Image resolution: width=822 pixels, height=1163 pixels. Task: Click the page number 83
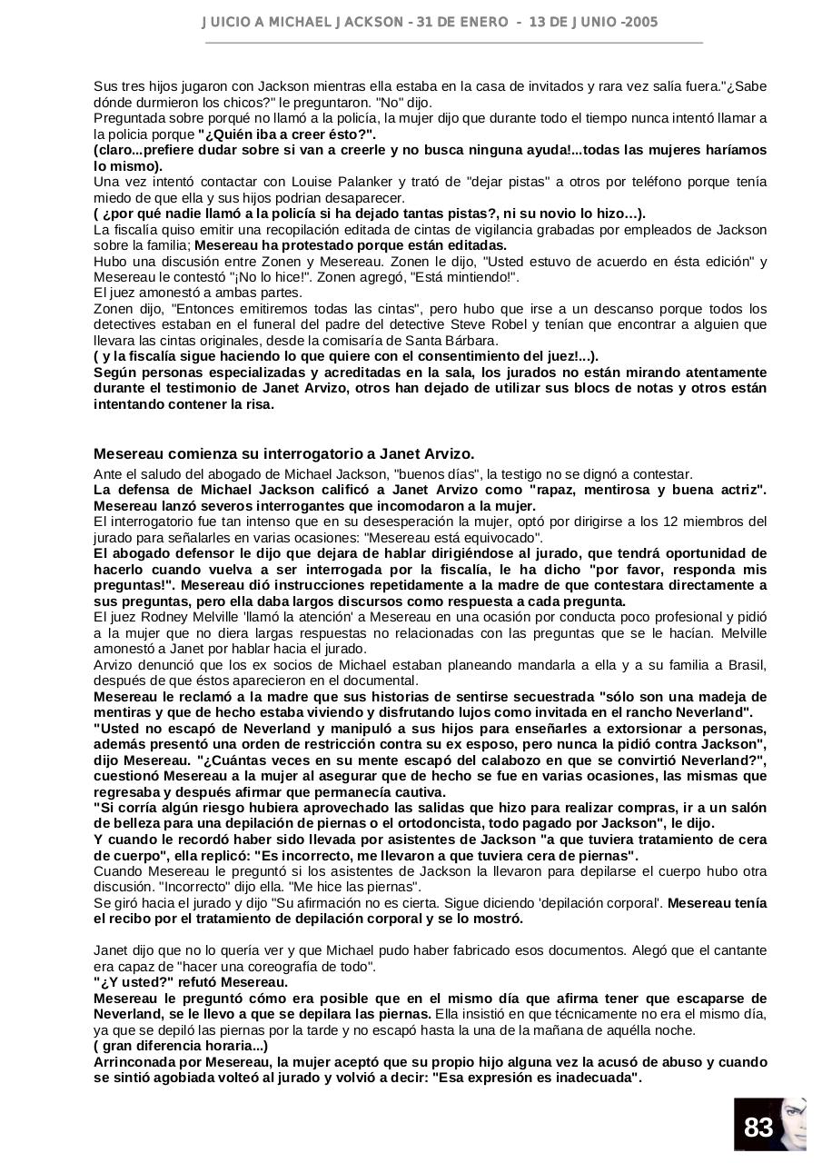pos(758,1128)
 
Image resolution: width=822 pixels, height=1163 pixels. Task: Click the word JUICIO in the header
pos(223,22)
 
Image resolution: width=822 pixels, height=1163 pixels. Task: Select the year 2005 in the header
pos(642,22)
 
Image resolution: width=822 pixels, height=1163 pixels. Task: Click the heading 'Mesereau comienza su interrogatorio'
pos(283,453)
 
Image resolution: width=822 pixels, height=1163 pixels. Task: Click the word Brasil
pos(746,665)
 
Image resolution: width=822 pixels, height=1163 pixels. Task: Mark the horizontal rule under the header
pos(454,42)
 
